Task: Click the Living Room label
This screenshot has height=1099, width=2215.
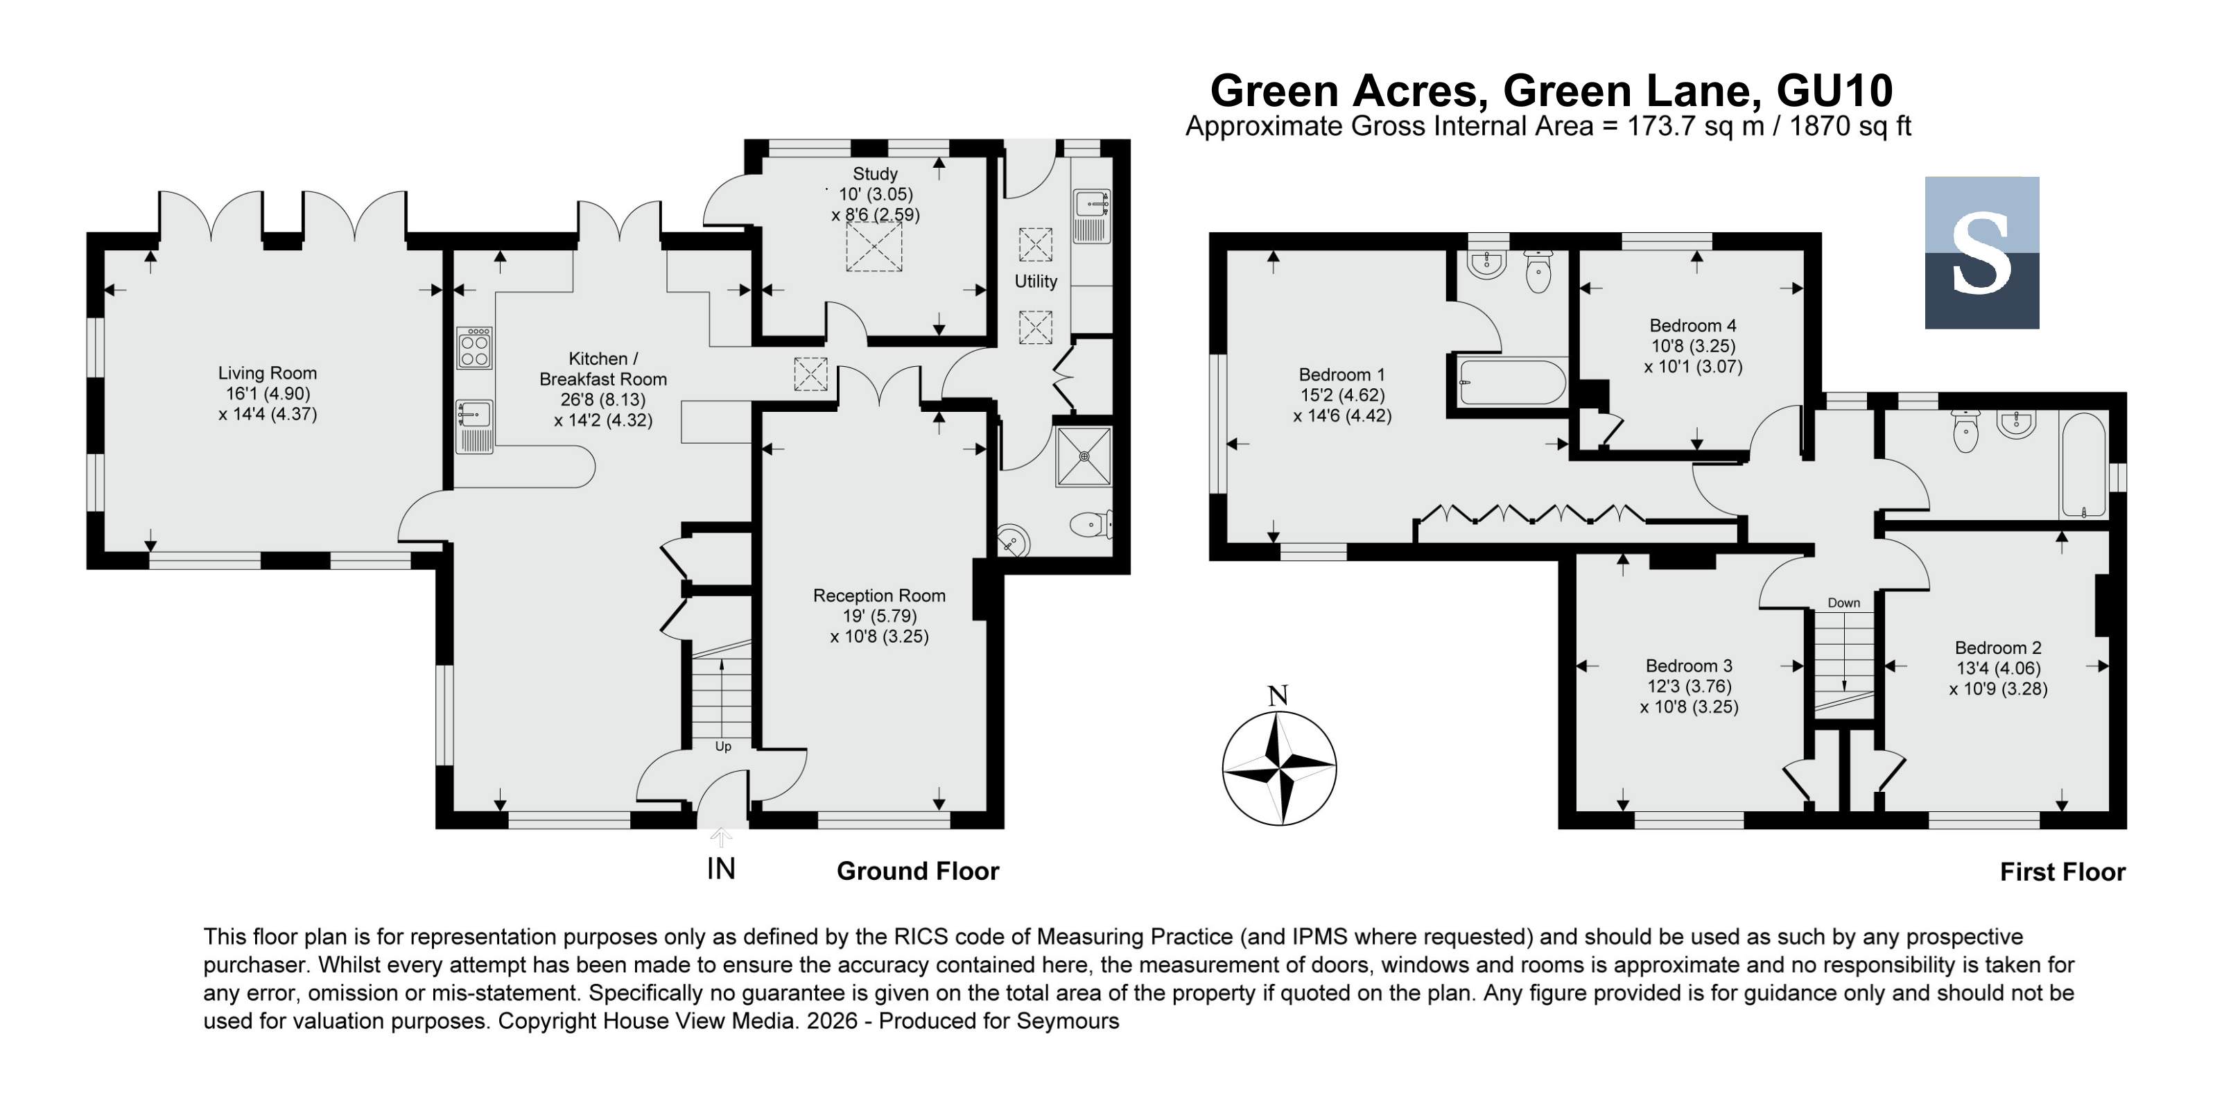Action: click(268, 373)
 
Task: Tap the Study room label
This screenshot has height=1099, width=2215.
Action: click(876, 174)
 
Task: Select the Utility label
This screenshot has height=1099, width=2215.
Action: click(1035, 282)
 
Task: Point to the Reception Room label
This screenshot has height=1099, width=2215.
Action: click(879, 595)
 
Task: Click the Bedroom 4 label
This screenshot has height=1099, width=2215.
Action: click(1692, 326)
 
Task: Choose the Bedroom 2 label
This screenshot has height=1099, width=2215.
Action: click(1998, 648)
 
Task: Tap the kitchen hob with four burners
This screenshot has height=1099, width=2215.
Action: click(475, 347)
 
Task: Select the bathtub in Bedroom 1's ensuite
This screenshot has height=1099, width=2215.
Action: click(1513, 383)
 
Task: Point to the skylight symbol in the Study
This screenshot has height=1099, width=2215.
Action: click(874, 247)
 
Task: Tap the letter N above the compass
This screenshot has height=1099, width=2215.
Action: click(1278, 695)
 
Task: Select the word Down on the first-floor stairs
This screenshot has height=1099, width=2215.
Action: click(1843, 603)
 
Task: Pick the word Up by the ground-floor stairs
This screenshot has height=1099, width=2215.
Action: click(723, 747)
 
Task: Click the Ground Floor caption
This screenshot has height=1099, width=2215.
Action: click(917, 871)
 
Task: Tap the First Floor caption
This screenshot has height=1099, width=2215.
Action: click(2062, 872)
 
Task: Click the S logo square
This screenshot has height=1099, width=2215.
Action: click(1981, 253)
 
